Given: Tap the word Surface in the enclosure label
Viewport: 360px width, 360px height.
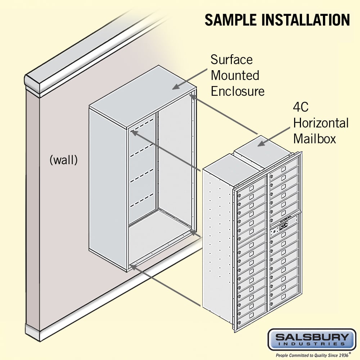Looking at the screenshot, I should click(x=231, y=59).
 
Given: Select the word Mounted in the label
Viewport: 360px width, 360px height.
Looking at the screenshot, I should click(x=235, y=75).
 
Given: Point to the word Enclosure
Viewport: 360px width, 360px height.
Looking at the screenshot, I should click(x=238, y=91).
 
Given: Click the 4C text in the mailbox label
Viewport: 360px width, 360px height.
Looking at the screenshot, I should click(x=301, y=108).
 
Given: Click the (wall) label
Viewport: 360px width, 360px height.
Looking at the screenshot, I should click(x=63, y=160).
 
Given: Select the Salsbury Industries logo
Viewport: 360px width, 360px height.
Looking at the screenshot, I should click(x=312, y=339).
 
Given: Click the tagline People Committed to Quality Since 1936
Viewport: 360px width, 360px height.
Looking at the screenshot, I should click(x=312, y=355).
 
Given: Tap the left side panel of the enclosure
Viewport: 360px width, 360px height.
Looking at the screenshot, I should click(x=108, y=187).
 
